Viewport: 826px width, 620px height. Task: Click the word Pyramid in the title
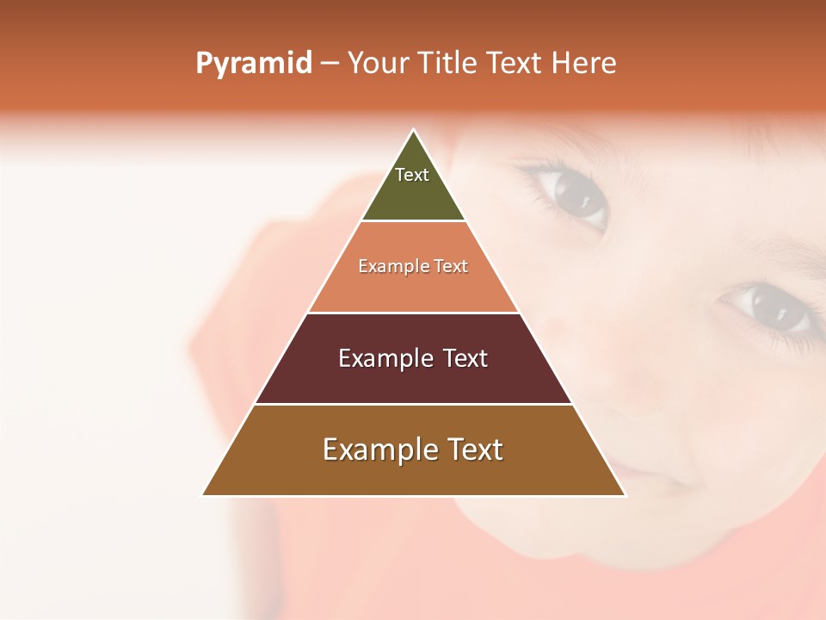coord(254,64)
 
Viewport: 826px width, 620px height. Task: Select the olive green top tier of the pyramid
coord(413,198)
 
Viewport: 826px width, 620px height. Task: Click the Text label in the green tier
coord(412,175)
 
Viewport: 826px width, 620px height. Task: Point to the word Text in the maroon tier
coord(465,358)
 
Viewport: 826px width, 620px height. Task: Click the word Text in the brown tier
coord(474,449)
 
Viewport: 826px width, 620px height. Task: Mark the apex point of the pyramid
coord(414,130)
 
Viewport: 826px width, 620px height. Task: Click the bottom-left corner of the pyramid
coord(203,495)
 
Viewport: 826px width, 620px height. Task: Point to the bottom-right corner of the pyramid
coord(626,495)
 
